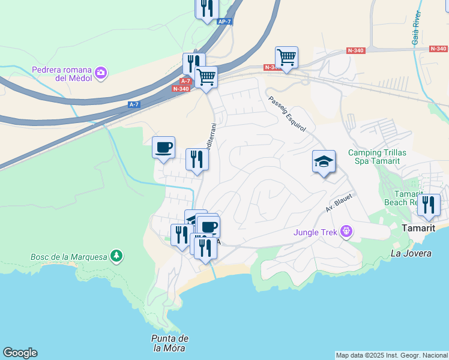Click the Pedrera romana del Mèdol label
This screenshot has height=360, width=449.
63,73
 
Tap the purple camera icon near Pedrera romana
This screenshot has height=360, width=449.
101,73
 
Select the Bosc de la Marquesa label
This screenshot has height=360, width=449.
68,257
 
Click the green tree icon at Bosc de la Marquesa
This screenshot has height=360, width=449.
116,257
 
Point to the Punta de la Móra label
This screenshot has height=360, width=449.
171,343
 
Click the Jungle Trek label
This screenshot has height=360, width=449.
315,232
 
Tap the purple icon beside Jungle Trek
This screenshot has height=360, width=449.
345,232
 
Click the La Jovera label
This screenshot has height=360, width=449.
411,253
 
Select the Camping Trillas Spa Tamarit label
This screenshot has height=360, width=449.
377,158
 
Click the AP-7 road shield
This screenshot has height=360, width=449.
224,22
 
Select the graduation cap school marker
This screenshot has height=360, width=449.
324,161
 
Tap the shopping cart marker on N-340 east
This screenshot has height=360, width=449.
287,58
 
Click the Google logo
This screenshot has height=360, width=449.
20,353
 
